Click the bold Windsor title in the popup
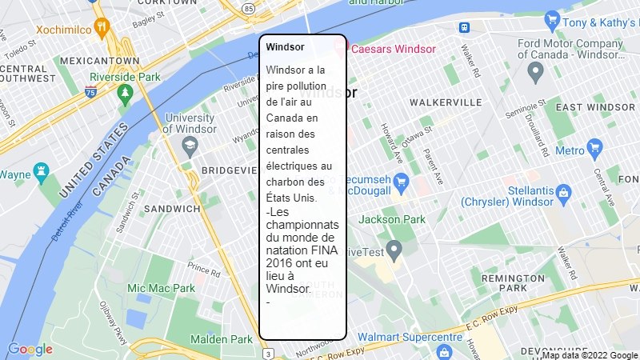coord(285,47)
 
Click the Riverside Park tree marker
coord(125,94)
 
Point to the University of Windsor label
coord(190,123)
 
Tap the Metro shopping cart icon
coord(594,147)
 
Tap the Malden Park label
coord(222,339)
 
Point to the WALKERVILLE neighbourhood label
coord(446,102)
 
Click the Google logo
coord(30,349)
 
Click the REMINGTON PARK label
coord(514,282)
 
